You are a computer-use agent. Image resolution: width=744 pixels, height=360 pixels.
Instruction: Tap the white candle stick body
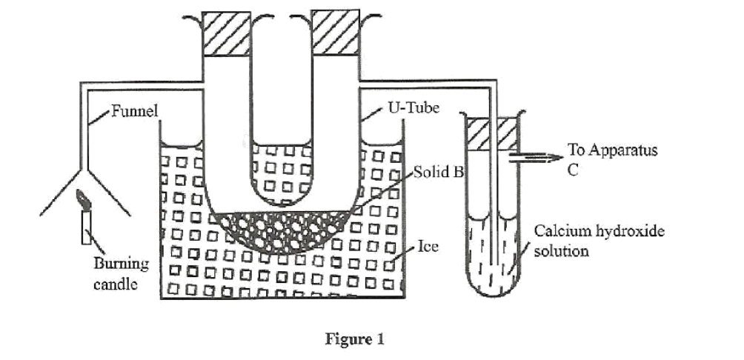(85, 226)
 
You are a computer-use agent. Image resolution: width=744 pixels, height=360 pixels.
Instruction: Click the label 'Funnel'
(133, 112)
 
